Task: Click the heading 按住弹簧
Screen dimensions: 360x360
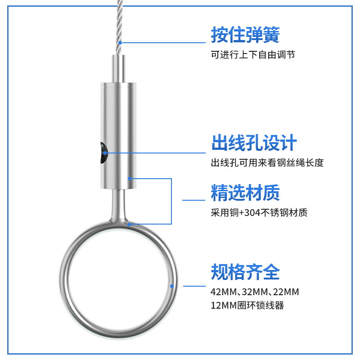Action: tap(245, 35)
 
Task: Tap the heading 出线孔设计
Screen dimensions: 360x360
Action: tap(254, 143)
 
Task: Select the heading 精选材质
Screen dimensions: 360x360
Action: tap(245, 193)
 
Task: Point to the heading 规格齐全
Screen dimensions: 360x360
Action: tap(245, 272)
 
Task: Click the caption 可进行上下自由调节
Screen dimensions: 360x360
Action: tap(253, 54)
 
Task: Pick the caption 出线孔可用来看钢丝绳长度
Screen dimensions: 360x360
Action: tap(267, 163)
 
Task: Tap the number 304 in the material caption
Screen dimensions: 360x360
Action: tap(252, 213)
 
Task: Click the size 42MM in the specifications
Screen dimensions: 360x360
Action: tap(223, 292)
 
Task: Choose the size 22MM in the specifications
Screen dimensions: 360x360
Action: tap(286, 292)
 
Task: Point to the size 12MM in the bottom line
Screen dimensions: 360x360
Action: tap(224, 306)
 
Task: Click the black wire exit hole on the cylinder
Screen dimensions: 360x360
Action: tap(103, 153)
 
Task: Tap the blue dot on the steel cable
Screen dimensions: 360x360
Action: tap(120, 43)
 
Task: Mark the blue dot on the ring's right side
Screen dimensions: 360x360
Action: tap(172, 286)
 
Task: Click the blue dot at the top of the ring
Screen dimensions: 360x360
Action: tap(129, 224)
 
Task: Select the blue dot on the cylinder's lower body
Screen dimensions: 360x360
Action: tap(130, 178)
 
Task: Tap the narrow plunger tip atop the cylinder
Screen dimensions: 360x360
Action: tap(119, 68)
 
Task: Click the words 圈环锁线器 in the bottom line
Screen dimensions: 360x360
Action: tap(261, 306)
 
